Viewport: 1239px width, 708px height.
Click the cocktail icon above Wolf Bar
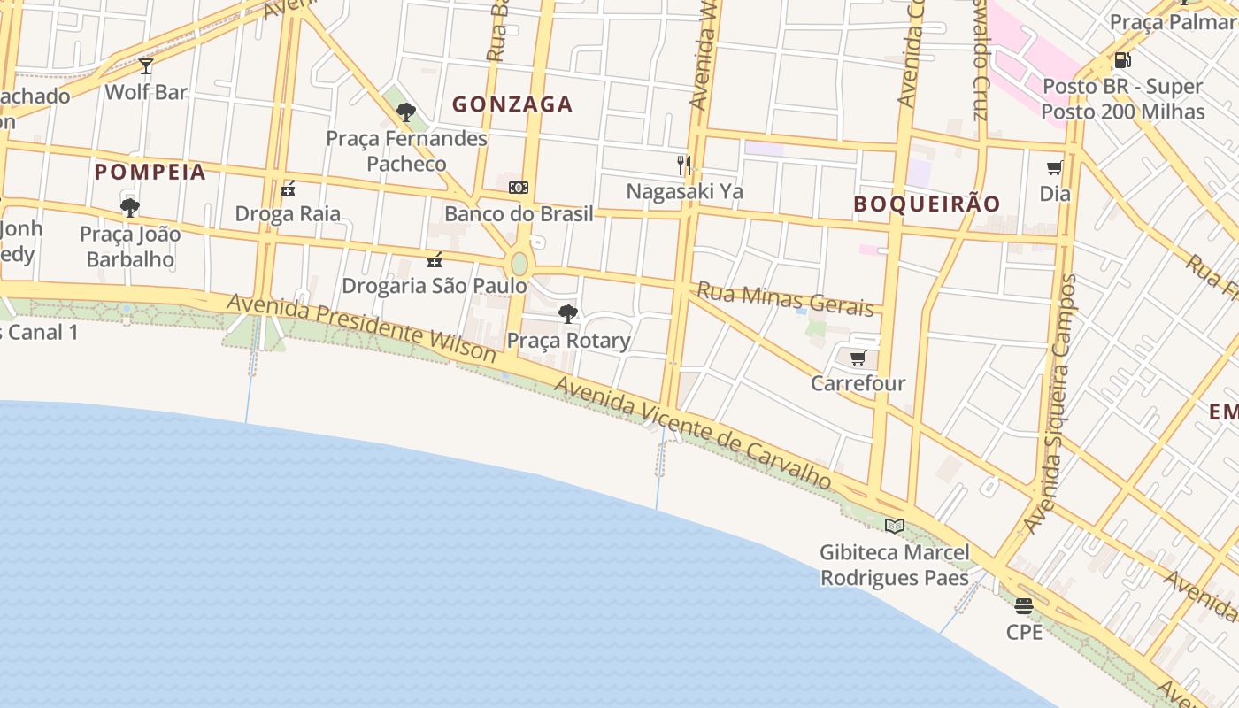coord(146,66)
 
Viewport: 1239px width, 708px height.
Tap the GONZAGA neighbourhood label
coord(512,104)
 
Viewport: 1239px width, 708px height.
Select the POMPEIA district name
coord(150,172)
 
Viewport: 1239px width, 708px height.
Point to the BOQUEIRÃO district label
coord(927,204)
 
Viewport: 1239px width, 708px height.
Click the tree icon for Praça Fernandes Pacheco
coord(406,112)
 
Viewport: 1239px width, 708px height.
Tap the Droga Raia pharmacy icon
coord(288,189)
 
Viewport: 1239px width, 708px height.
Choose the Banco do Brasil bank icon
coord(519,188)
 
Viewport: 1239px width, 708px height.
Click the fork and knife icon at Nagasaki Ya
coord(683,165)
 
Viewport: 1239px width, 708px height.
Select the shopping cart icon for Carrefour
coord(858,358)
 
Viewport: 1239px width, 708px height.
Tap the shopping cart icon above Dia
coord(1054,168)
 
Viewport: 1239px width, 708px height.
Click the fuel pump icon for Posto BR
coord(1122,60)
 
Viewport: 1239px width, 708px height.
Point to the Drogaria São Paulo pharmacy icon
coord(435,260)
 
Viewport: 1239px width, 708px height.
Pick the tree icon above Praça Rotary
coord(568,314)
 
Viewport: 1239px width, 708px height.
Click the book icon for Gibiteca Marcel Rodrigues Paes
coord(895,527)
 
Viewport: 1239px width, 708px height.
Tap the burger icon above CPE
coord(1024,606)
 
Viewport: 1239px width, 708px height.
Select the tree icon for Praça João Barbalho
coord(130,209)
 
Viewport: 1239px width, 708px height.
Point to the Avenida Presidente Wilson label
coord(361,327)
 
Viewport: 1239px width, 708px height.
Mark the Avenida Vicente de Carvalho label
coord(693,434)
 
